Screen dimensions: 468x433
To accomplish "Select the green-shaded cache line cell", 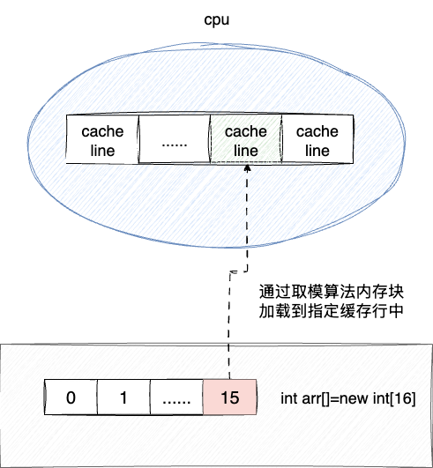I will pos(245,141).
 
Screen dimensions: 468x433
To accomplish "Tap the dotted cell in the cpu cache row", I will pos(174,141).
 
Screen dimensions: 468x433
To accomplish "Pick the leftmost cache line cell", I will pos(103,141).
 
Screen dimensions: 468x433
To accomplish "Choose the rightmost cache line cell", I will pos(316,141).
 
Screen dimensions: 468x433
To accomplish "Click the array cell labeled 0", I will pos(71,397).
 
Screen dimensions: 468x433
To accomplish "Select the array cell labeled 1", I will pos(123,397).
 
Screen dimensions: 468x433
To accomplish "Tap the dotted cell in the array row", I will pos(176,397).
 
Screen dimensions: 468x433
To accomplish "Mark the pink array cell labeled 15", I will pos(229,397).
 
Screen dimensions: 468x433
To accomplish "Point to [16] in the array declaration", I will pos(401,397).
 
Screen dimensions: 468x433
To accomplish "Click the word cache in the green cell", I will pos(245,132).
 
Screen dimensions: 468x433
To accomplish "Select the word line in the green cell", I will pos(245,151).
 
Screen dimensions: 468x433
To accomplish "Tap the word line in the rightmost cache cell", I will pos(316,151).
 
